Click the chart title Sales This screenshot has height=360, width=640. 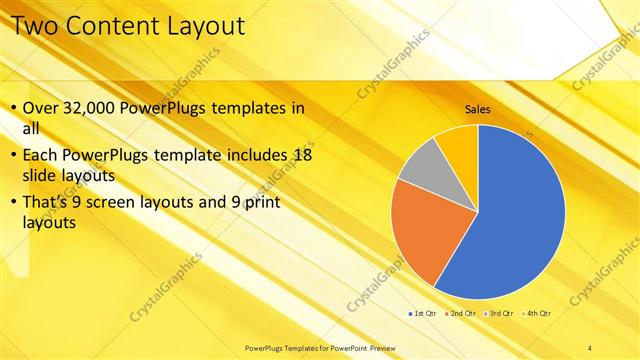coord(477,110)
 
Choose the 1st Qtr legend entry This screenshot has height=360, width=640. coord(424,313)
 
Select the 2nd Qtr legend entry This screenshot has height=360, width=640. coord(461,313)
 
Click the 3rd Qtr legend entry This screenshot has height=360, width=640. coord(497,313)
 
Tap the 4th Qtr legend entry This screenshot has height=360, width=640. coord(534,313)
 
